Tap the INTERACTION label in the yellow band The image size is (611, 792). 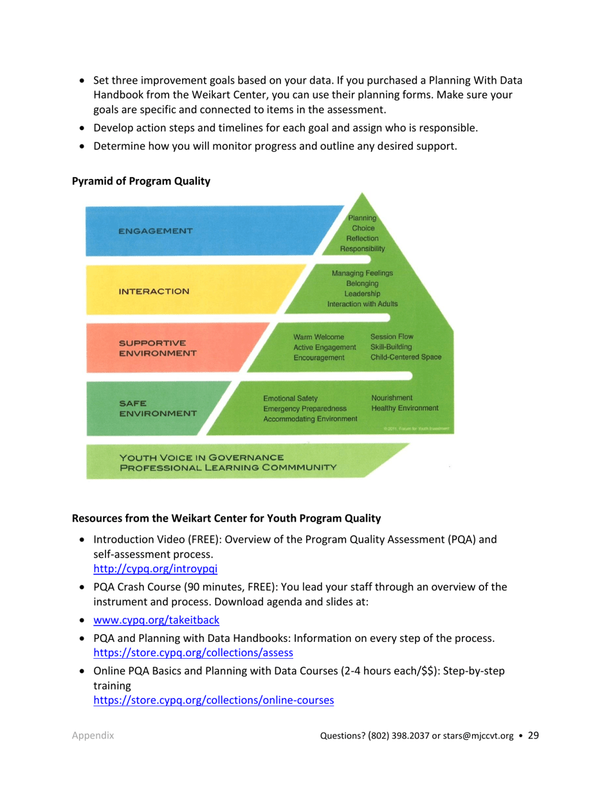point(154,291)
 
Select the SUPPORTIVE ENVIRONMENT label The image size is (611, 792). point(157,348)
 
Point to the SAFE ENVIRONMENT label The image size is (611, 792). point(157,408)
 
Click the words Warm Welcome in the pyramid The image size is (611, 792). point(318,337)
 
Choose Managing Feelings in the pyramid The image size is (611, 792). point(362,273)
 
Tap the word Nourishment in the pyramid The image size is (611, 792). point(392,397)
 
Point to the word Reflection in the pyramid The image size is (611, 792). point(363,238)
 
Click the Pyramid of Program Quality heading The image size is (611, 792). point(141,182)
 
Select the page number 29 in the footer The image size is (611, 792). point(534,736)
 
